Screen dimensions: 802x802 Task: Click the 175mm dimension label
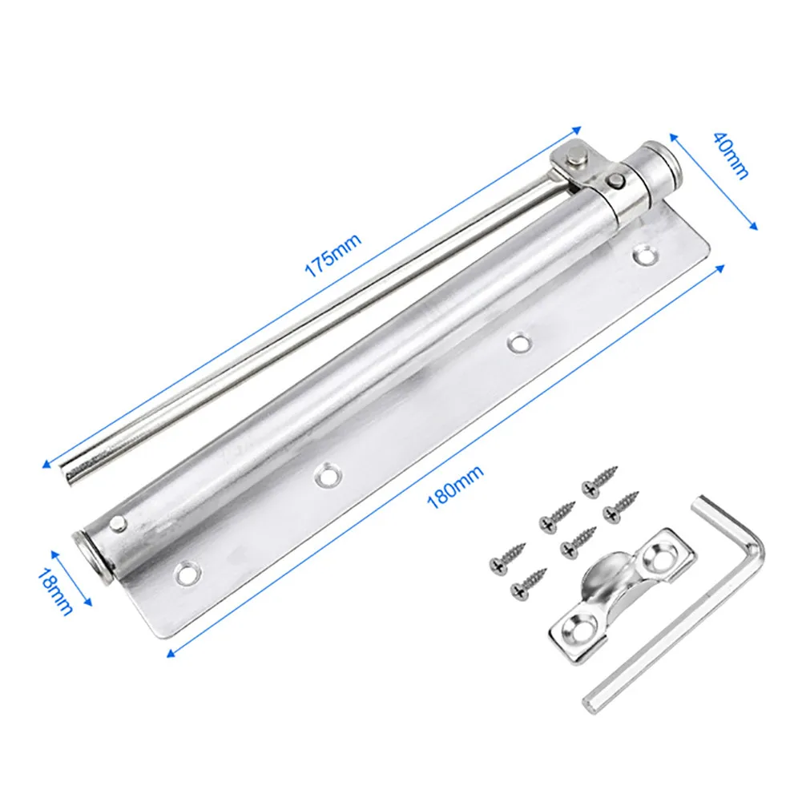pyautogui.click(x=333, y=255)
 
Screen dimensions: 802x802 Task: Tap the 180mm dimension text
pyautogui.click(x=455, y=487)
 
